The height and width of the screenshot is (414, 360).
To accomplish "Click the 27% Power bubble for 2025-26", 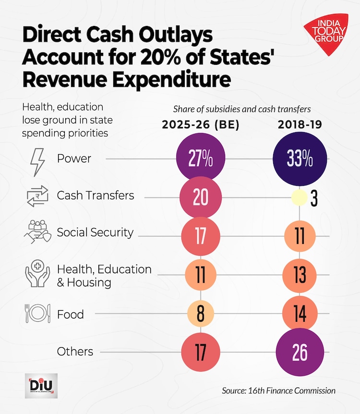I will point(201,159).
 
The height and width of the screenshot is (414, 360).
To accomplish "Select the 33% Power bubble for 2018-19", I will point(300,159).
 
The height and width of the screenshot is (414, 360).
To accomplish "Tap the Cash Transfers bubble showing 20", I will point(201,197).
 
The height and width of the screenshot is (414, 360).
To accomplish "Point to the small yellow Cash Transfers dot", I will point(300,197).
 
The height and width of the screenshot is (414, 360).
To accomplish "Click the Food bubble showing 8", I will point(201,314).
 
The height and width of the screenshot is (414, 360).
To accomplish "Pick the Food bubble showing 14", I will point(300,314).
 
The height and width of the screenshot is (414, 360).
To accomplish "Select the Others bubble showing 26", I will point(300,352).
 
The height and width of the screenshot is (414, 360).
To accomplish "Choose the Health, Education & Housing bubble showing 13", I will point(300,275).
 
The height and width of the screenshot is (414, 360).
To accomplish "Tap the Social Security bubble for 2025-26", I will point(201,236).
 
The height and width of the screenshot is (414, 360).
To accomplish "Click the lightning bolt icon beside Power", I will point(37,159).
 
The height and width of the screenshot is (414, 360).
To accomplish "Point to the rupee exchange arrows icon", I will point(37,196).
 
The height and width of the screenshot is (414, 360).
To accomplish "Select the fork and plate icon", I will point(37,314).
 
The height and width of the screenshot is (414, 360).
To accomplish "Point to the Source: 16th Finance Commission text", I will point(278,390).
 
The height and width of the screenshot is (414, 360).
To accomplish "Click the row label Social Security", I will point(95,232).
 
